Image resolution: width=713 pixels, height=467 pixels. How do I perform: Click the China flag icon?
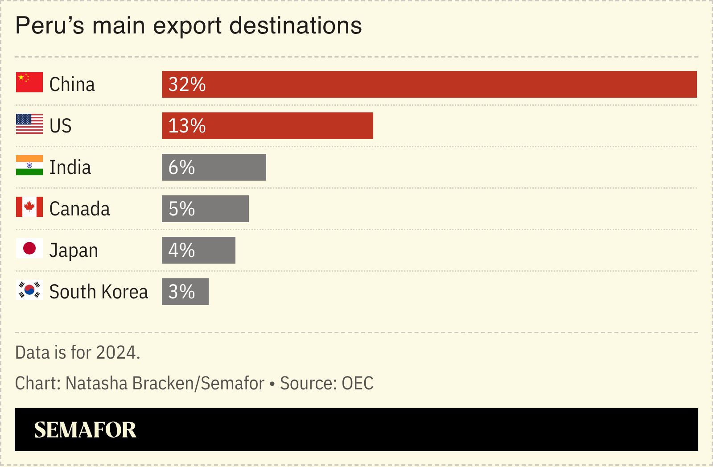click(x=29, y=83)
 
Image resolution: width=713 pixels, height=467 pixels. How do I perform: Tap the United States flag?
click(x=29, y=124)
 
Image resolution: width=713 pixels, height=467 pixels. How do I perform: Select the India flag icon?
click(x=29, y=165)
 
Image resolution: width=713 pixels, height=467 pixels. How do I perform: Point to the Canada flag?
click(x=29, y=207)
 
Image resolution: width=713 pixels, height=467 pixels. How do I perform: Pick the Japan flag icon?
click(x=29, y=248)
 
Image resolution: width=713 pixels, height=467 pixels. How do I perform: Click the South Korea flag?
click(x=29, y=290)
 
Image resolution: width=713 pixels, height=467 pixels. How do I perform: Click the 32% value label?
click(x=187, y=84)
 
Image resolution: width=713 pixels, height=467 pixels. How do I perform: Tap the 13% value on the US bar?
click(x=187, y=126)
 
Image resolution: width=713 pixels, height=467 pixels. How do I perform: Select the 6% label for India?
click(x=181, y=167)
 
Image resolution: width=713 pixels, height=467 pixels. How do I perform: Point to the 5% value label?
click(x=181, y=209)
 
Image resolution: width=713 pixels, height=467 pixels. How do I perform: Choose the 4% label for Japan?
click(x=181, y=250)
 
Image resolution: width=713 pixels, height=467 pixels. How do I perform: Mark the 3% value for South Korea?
click(x=181, y=292)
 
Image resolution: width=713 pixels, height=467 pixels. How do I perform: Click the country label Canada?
click(x=79, y=209)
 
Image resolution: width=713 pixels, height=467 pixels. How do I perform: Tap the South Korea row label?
click(x=99, y=292)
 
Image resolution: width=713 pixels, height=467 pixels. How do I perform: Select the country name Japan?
click(x=74, y=251)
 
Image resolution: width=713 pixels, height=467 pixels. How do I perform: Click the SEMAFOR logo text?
click(x=85, y=430)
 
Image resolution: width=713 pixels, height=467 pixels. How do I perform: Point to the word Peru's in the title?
click(x=49, y=25)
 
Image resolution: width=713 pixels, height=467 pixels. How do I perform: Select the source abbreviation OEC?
click(x=357, y=383)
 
